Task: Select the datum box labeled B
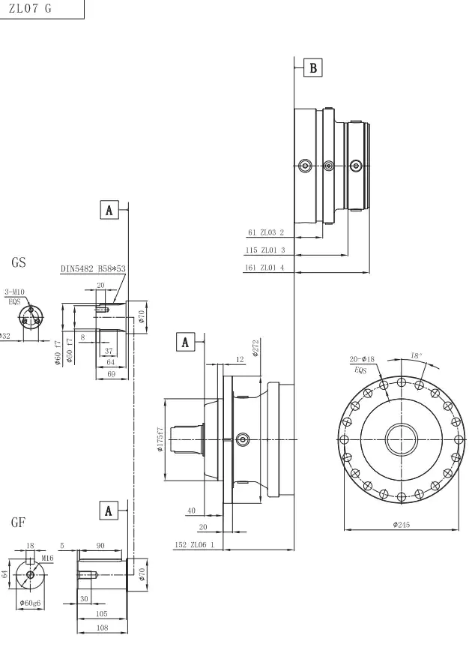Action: (313, 68)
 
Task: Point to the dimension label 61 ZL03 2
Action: (265, 232)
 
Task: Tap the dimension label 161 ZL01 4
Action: (266, 268)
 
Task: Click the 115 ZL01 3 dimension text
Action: (266, 250)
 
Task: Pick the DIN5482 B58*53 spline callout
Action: (94, 268)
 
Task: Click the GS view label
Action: (19, 263)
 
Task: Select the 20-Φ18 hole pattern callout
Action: (363, 360)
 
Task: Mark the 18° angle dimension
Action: (416, 356)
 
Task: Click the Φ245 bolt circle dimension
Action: (401, 525)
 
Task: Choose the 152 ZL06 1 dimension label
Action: (193, 544)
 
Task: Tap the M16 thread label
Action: (47, 558)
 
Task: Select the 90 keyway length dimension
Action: (100, 547)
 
